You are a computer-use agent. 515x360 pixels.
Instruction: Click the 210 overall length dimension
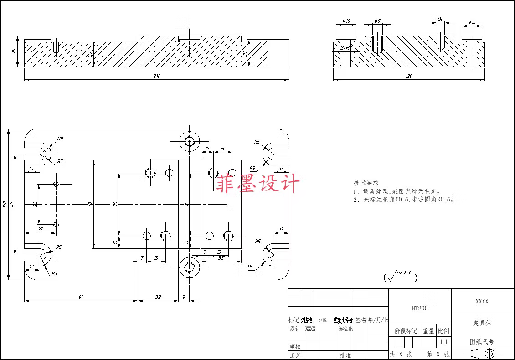coord(157,76)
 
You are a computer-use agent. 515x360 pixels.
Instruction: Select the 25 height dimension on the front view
coord(14,51)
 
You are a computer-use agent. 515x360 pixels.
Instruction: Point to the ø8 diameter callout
coord(377,21)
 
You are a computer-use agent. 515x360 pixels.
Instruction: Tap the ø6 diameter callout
coord(440,19)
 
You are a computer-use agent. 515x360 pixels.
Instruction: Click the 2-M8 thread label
coord(346,47)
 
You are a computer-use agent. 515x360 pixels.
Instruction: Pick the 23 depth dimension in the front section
coord(245,53)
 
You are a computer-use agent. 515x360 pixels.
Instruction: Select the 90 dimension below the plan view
coord(81,297)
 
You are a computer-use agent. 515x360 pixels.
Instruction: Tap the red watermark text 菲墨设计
coord(257,184)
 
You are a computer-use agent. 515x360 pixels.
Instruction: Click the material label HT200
coord(420,308)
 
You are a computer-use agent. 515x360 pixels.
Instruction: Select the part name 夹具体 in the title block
coord(482,323)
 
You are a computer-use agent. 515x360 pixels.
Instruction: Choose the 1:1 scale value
coord(443,342)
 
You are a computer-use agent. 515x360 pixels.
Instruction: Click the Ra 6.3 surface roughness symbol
coord(401,276)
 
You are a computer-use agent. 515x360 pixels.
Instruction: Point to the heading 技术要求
coord(366,182)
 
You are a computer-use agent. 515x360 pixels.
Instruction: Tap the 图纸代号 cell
coord(482,341)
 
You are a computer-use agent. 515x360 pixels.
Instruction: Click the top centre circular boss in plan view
coord(190,141)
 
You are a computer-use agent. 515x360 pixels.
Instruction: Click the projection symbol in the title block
coord(482,354)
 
